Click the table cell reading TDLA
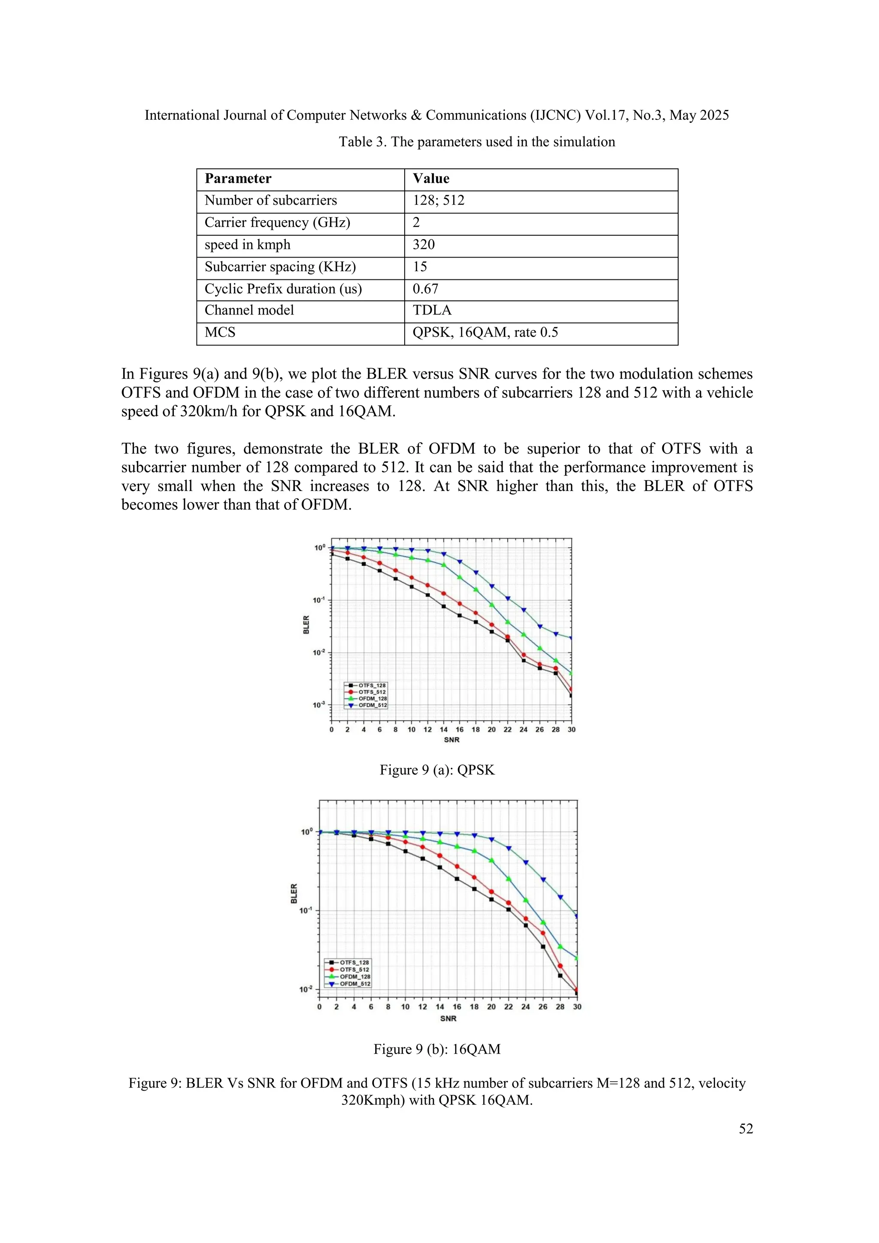coord(431,311)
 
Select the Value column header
coord(431,179)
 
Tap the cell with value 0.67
coord(425,289)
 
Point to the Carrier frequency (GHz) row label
coord(277,222)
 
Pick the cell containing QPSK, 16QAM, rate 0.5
coord(485,332)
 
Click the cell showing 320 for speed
coord(423,245)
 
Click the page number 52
coord(746,1129)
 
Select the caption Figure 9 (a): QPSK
coord(437,770)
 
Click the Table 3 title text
coord(476,142)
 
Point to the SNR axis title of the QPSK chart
coord(452,740)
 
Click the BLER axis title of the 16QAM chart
coord(294,893)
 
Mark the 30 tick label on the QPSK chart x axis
coord(572,730)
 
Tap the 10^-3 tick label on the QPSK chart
coord(318,705)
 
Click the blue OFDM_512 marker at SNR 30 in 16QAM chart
coord(577,916)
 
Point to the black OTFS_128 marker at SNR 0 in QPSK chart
coord(331,554)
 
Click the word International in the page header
coord(179,115)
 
